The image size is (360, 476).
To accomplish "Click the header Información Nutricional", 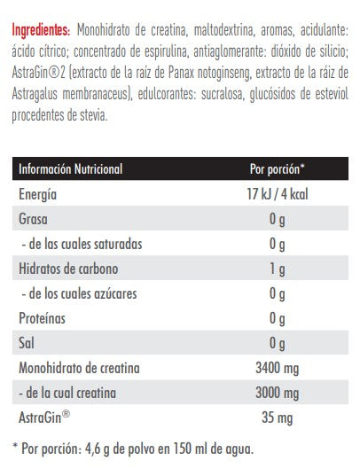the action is pyautogui.click(x=70, y=169).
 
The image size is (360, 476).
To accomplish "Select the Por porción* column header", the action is pyautogui.click(x=278, y=169).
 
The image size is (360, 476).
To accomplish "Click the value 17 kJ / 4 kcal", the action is pyautogui.click(x=278, y=194).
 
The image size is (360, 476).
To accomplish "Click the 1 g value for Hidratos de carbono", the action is pyautogui.click(x=278, y=268).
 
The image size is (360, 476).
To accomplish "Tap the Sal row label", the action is pyautogui.click(x=26, y=342).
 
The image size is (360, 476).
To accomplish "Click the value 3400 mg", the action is pyautogui.click(x=278, y=367).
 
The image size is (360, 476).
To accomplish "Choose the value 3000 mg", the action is pyautogui.click(x=278, y=392).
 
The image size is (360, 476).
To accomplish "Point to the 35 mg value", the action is pyautogui.click(x=278, y=417).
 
